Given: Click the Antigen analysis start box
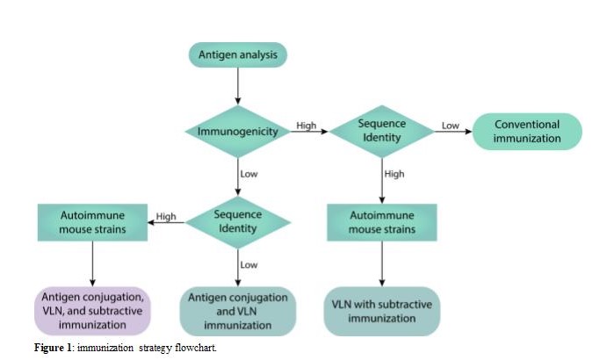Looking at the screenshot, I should [237, 56].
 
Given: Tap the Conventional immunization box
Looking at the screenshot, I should [526, 131].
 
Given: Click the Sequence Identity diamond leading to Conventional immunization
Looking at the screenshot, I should [381, 131].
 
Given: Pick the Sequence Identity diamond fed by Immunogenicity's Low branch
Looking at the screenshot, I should [237, 222].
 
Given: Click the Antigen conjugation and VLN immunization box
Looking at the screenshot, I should [237, 311].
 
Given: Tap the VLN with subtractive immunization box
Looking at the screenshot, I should [381, 311].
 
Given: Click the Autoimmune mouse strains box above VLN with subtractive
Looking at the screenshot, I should [381, 222].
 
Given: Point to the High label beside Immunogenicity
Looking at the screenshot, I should [307, 126].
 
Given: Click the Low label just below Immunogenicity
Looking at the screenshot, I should [249, 174].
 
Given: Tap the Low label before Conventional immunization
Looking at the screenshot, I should [450, 126].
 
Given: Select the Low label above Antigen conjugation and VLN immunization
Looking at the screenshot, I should [249, 264].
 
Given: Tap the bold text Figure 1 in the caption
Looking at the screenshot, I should [54, 348].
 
